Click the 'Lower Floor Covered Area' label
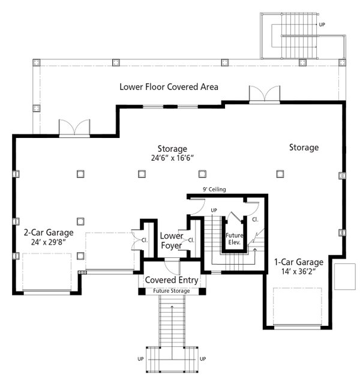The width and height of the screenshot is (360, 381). pos(169,87)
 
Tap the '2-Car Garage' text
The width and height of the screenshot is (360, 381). pos(49,232)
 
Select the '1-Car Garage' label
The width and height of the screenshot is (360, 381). pos(299,262)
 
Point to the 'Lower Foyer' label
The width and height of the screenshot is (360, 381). pos(172,240)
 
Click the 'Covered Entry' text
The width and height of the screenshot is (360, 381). pos(172,280)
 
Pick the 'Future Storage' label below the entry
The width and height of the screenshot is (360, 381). pos(172,291)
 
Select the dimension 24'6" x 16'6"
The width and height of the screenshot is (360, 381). pos(172,158)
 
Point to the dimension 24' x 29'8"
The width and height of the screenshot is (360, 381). pos(49,242)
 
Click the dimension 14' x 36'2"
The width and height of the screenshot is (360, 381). pos(299,272)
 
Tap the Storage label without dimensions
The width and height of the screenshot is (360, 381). pos(304,147)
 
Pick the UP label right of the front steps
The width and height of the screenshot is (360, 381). pos(203,359)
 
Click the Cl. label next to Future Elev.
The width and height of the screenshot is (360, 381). pos(255,220)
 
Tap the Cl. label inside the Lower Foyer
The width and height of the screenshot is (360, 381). pos(191,240)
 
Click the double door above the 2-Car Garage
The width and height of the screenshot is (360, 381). pos(74,128)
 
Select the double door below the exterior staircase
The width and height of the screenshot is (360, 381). pos(264,94)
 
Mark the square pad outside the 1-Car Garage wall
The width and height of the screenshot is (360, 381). pos(345,275)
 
